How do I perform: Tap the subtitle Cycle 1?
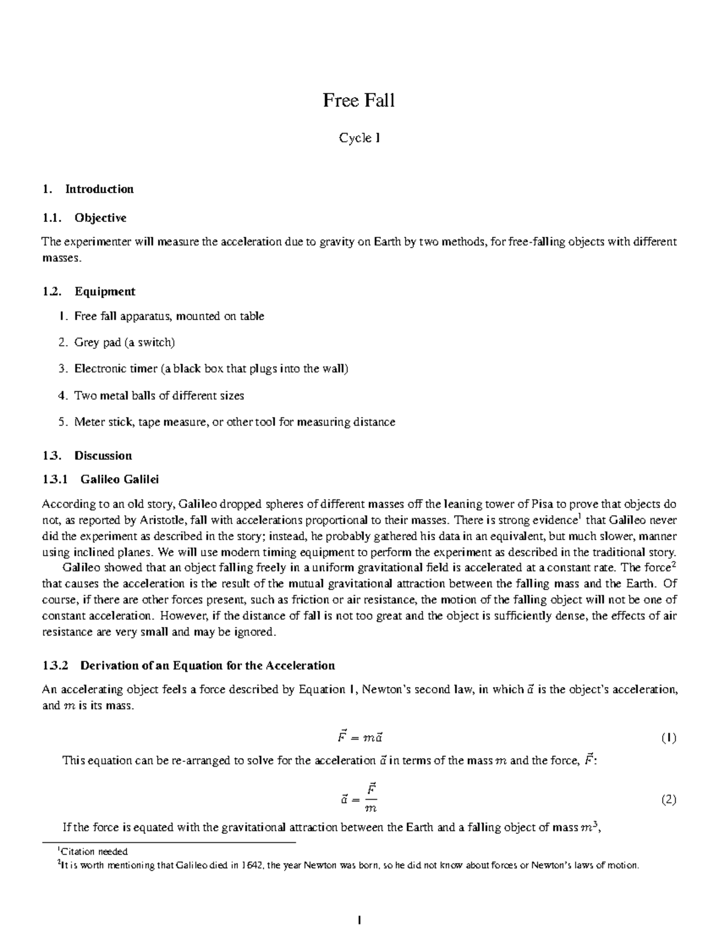[359, 138]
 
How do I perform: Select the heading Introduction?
[99, 189]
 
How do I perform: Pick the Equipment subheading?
[104, 291]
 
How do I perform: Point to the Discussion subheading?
[102, 455]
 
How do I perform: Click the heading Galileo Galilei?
[119, 479]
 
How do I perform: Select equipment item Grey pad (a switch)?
[125, 342]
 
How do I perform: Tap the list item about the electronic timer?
[211, 369]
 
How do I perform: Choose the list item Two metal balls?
[159, 396]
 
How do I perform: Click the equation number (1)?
[669, 738]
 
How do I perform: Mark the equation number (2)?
[669, 799]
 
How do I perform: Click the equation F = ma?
[358, 737]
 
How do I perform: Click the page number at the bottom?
[359, 920]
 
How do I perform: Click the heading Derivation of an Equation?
[207, 665]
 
